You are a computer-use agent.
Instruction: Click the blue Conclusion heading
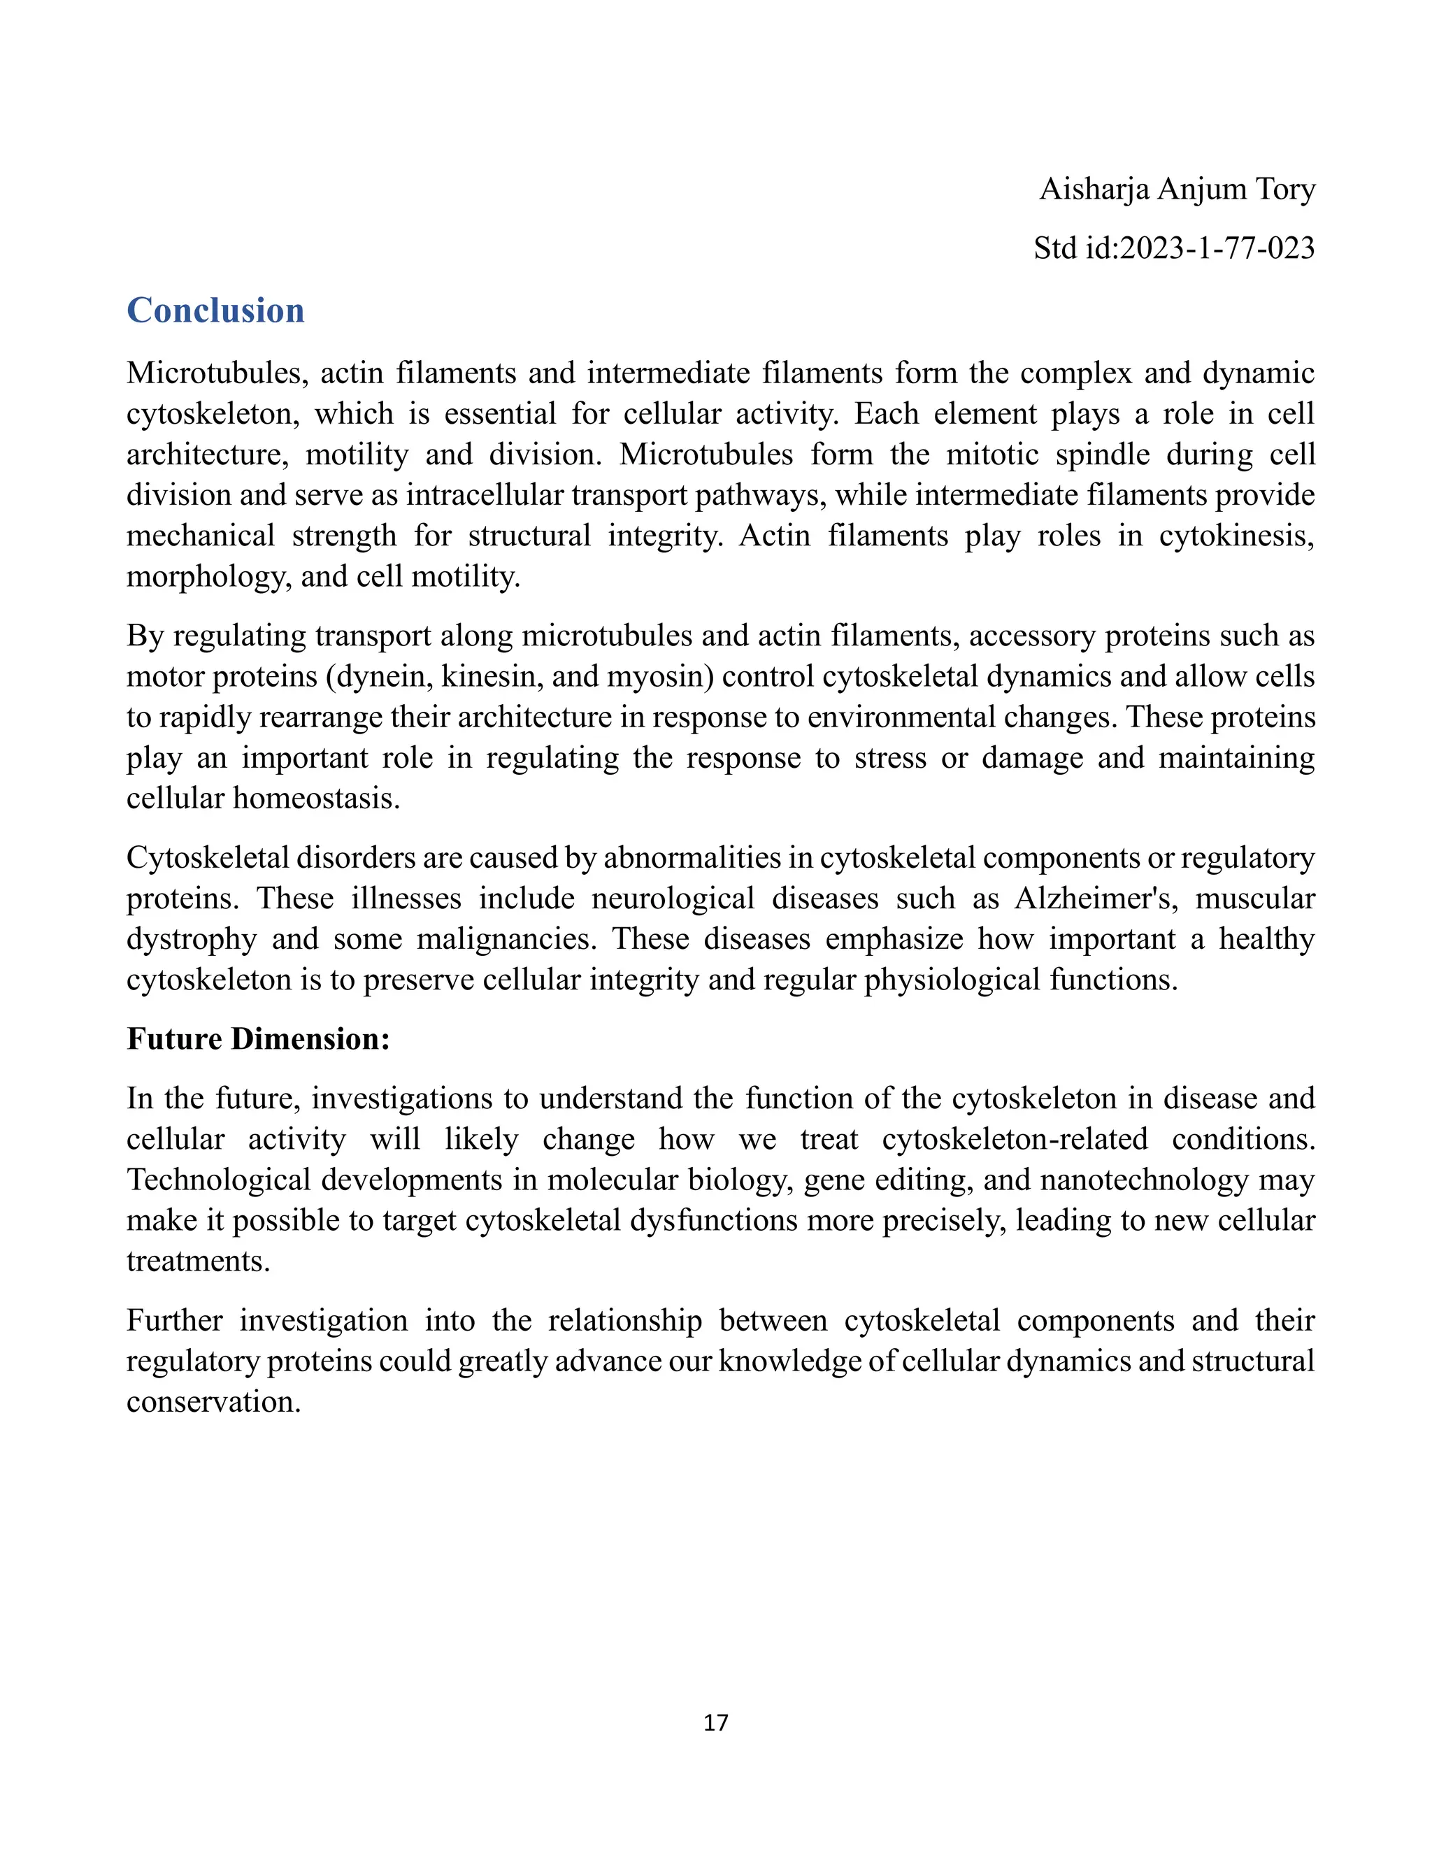point(215,310)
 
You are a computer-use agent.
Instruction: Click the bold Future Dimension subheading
point(258,1038)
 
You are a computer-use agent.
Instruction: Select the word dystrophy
point(191,938)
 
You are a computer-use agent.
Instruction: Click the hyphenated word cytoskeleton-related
point(1015,1138)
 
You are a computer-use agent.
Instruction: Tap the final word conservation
point(213,1401)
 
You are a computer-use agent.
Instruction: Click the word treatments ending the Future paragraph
point(198,1261)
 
